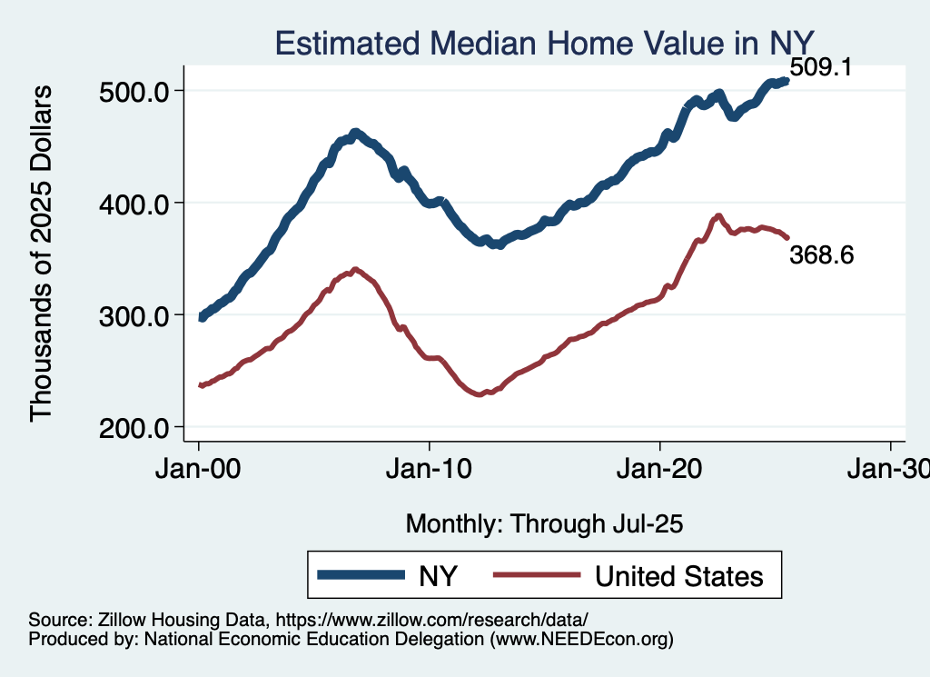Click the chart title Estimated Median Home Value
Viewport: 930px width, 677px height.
pos(543,43)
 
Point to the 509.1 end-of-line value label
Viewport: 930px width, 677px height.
pos(820,67)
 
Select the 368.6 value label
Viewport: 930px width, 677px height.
pos(822,255)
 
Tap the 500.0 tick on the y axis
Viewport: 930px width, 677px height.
pos(134,91)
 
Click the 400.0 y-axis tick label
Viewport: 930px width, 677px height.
pos(134,203)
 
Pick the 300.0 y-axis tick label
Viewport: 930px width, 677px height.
pos(134,315)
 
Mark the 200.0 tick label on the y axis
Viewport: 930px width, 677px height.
pos(134,427)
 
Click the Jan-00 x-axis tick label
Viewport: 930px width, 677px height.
pos(198,473)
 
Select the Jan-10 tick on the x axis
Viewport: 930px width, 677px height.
pos(429,473)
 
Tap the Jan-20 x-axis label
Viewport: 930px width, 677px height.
pos(659,473)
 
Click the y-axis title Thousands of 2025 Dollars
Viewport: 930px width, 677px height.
pos(42,255)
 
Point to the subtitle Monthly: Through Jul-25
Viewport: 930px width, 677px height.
pos(544,524)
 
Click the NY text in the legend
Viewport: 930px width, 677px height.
pos(437,576)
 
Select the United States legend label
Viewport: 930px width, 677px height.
pos(678,576)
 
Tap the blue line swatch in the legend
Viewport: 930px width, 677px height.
pos(360,575)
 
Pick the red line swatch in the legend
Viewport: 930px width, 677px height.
pos(536,575)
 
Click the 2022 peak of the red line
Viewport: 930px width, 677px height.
pos(718,216)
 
